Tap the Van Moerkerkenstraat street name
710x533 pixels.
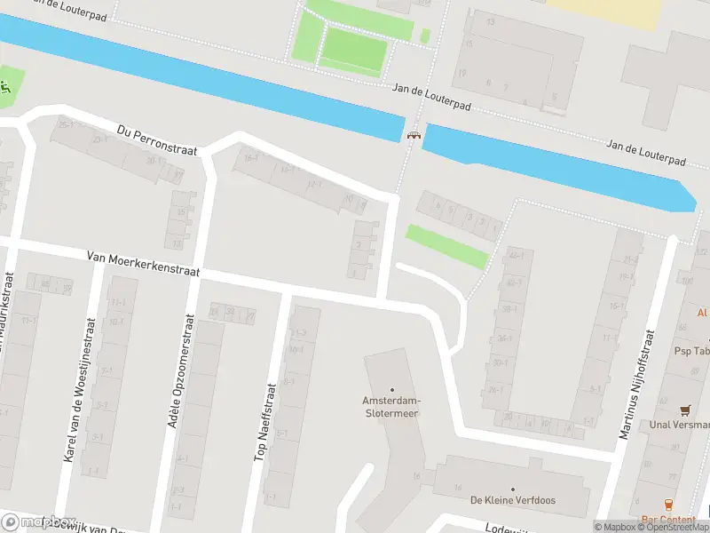coord(143,264)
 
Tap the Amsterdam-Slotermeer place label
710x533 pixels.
coord(390,406)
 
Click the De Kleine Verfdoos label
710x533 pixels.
coord(513,500)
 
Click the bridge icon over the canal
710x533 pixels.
coord(413,135)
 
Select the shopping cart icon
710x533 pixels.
coord(684,410)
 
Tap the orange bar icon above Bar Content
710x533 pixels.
coord(668,505)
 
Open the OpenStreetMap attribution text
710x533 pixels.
coord(674,527)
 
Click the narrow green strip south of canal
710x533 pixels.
coord(447,246)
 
